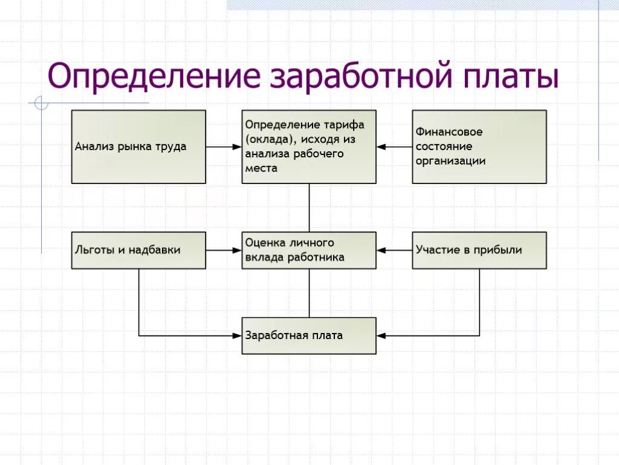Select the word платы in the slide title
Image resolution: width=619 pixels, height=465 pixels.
point(511,77)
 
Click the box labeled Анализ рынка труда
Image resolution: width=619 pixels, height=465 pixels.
point(138,147)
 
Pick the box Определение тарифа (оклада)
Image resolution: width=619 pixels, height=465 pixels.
point(309,147)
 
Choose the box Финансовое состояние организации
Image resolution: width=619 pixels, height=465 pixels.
point(479,147)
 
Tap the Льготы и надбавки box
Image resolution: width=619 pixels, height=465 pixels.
point(138,250)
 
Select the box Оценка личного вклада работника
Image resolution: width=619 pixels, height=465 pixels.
point(309,250)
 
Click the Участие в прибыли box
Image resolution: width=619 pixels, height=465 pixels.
point(479,250)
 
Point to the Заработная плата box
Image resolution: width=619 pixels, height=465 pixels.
point(309,335)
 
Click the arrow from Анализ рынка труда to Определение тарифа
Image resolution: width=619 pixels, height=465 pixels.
point(224,147)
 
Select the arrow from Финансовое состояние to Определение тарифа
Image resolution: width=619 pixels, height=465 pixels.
point(394,147)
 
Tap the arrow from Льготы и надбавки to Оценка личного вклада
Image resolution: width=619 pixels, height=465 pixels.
point(224,250)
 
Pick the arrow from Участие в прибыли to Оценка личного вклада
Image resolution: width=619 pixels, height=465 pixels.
point(394,250)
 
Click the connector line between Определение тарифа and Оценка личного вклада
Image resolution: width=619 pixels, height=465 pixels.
point(309,208)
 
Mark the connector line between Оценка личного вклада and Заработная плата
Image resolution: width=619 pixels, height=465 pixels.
point(309,293)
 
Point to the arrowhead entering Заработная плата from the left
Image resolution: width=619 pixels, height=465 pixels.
point(238,335)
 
